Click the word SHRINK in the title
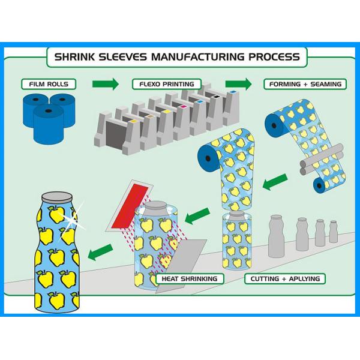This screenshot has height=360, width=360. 74,57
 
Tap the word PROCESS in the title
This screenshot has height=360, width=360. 274,57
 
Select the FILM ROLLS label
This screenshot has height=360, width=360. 49,84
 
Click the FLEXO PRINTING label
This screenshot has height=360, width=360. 167,84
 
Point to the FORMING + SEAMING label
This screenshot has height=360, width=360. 305,84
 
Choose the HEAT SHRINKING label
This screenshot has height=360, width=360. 190,279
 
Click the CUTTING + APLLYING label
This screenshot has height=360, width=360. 285,279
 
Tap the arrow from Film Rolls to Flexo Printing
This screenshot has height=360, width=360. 106,84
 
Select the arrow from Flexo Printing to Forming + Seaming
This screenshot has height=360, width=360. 238,84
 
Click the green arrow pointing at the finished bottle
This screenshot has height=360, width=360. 101,252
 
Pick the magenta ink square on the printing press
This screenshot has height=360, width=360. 183,107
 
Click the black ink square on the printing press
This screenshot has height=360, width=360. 216,97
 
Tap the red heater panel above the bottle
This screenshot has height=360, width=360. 130,206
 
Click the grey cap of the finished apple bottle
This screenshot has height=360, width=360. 57,197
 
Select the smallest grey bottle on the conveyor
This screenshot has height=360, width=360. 333,232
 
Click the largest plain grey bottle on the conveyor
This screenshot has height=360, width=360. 277,236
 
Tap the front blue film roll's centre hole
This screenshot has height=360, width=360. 49,111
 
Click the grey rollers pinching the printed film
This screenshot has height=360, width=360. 322,159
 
